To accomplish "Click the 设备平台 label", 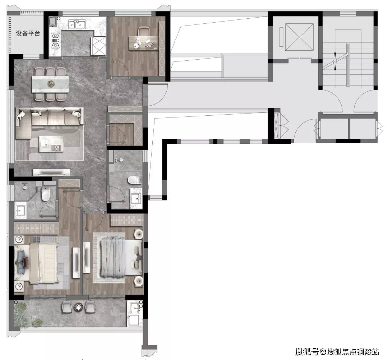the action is tap(28, 33).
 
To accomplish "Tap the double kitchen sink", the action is tap(77, 24).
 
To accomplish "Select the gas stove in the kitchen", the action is tap(55, 40).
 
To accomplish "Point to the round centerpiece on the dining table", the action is tap(51, 84).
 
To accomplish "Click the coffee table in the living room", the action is tap(51, 144).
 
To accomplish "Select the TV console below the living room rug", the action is tap(51, 172).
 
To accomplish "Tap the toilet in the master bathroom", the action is tap(46, 194).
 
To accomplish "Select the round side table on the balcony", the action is tap(79, 307).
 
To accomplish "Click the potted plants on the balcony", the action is tap(25, 315).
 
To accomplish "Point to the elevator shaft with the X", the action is tap(299, 37).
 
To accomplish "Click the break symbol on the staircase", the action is tap(335, 61).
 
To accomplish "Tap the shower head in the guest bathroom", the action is tap(121, 160).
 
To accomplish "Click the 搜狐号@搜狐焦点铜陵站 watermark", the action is tap(337, 351).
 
